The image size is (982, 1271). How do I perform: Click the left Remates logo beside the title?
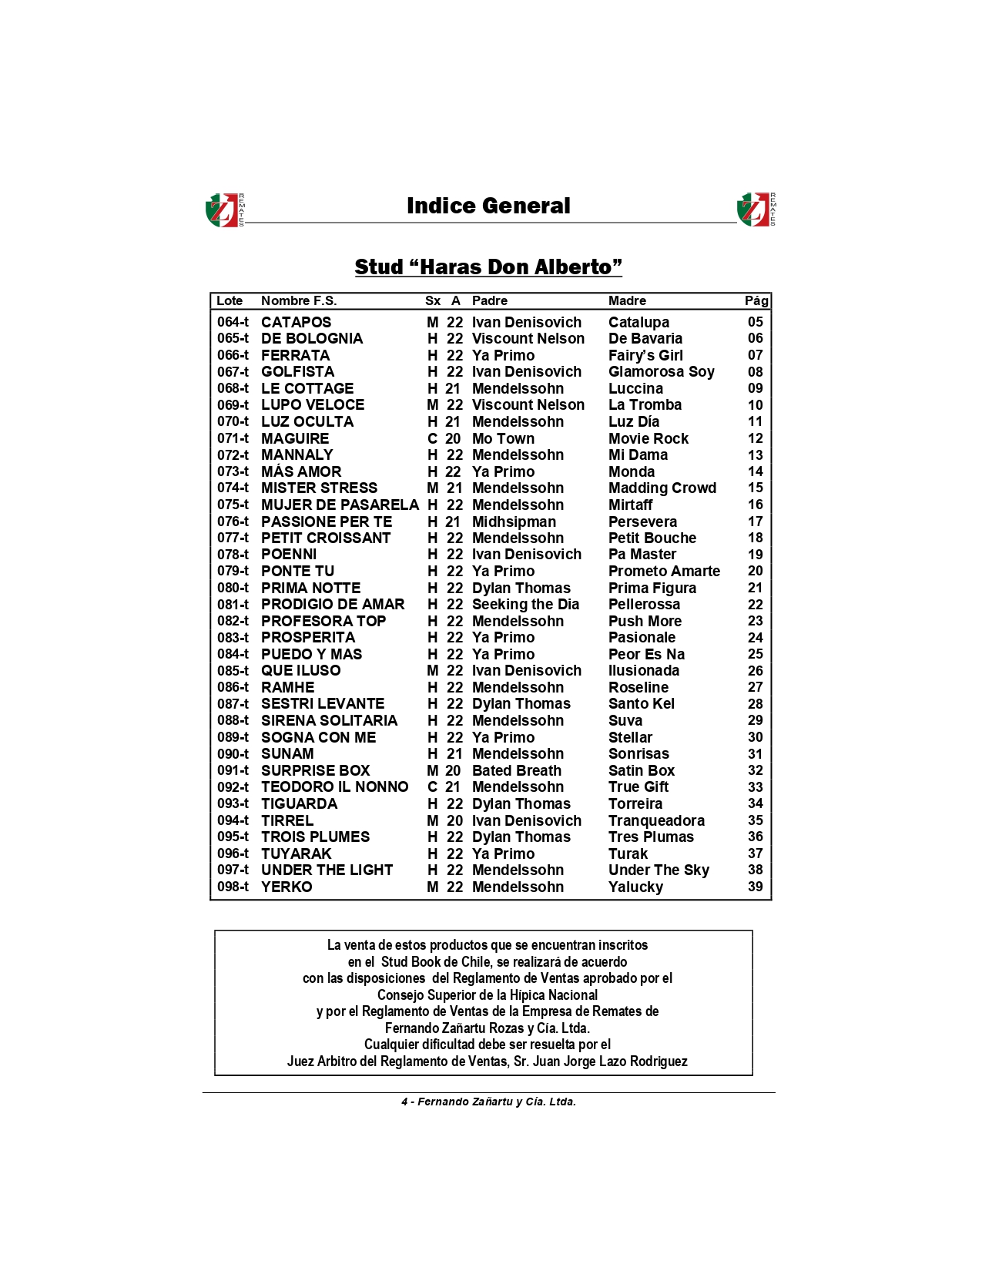pyautogui.click(x=224, y=210)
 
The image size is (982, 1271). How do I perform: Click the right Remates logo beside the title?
pyautogui.click(x=756, y=210)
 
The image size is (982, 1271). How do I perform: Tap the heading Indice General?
pyautogui.click(x=488, y=206)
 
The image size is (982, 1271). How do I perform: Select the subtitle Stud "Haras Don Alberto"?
pyautogui.click(x=488, y=267)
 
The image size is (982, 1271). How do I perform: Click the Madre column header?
pyautogui.click(x=627, y=301)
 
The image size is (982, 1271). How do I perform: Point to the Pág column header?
pyautogui.click(x=756, y=301)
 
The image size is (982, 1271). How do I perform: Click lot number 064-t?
pyautogui.click(x=233, y=323)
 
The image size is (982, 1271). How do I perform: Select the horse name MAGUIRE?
pyautogui.click(x=295, y=439)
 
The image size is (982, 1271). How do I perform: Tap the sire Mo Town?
pyautogui.click(x=503, y=439)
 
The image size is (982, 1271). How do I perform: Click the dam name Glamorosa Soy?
pyautogui.click(x=661, y=372)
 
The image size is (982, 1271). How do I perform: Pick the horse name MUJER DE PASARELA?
pyautogui.click(x=340, y=505)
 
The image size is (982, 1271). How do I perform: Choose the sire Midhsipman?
pyautogui.click(x=514, y=522)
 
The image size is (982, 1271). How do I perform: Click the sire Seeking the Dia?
pyautogui.click(x=525, y=605)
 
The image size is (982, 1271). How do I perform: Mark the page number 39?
pyautogui.click(x=756, y=887)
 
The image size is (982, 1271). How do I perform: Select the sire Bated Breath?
pyautogui.click(x=516, y=771)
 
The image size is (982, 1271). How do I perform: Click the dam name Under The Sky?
pyautogui.click(x=659, y=870)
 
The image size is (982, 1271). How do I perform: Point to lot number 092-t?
pyautogui.click(x=233, y=787)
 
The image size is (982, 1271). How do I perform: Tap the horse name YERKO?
pyautogui.click(x=287, y=887)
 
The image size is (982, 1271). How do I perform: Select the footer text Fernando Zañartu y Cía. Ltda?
pyautogui.click(x=496, y=1102)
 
